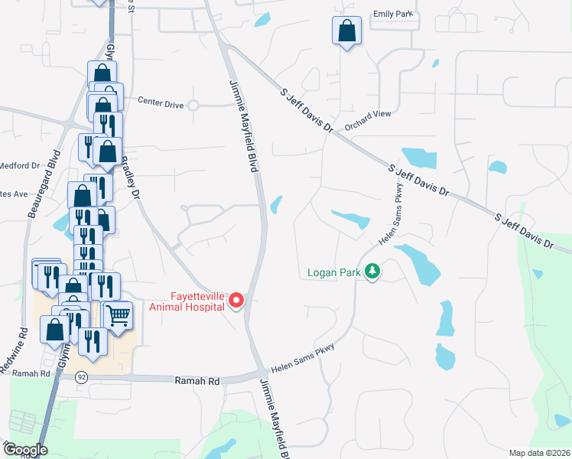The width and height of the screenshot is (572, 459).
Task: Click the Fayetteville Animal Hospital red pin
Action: tap(236, 300)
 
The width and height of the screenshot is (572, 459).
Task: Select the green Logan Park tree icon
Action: tap(372, 272)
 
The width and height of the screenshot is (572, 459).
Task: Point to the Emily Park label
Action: tap(392, 15)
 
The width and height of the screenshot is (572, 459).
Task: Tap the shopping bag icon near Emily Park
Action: tap(347, 32)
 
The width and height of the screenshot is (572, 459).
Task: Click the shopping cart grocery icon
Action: tap(117, 315)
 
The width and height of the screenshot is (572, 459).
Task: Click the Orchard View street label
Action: tap(367, 114)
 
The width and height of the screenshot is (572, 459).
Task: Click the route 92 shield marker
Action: tap(82, 377)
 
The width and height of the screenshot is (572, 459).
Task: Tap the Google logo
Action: tap(25, 450)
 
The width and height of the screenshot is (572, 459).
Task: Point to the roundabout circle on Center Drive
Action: tap(193, 106)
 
